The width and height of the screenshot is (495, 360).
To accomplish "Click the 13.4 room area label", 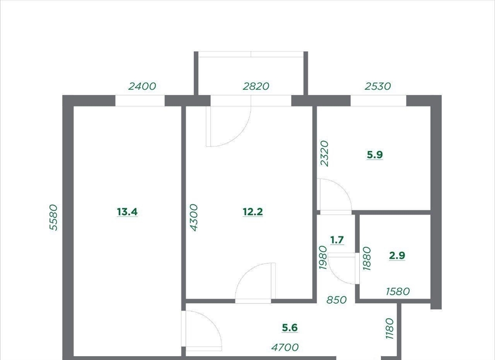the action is [x=127, y=212].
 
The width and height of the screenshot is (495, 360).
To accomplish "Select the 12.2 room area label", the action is [x=253, y=212].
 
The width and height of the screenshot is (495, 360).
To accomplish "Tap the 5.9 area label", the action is [x=375, y=155].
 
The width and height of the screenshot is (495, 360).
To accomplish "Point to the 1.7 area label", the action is [x=337, y=240].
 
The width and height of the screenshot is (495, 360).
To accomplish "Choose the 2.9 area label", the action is [x=397, y=255].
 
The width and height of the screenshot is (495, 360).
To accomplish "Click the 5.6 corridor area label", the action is [x=290, y=328].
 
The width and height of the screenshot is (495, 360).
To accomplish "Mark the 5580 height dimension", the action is [x=54, y=218].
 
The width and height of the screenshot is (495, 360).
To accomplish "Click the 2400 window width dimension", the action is [x=142, y=86].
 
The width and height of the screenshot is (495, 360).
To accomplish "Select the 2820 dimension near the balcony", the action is [x=256, y=86].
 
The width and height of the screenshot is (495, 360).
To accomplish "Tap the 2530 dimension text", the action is [x=378, y=86].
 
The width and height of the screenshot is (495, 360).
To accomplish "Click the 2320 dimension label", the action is [x=324, y=154].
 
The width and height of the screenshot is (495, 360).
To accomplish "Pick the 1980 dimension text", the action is [x=322, y=258].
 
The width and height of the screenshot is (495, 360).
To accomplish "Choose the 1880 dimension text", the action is [x=367, y=259].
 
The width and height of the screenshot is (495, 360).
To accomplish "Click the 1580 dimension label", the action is [x=398, y=291].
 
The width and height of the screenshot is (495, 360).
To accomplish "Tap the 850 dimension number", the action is [x=336, y=300].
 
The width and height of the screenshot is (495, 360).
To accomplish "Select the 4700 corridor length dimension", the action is [x=285, y=347].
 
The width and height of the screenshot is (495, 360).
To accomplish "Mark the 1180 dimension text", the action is [x=390, y=329].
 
